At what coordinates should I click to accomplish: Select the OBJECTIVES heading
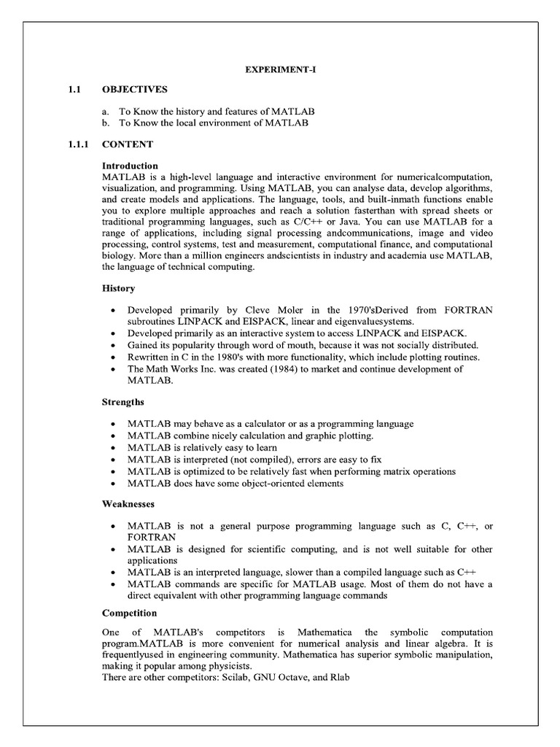(135, 89)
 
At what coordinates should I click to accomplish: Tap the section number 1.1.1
(74, 144)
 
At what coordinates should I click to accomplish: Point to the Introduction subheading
(130, 166)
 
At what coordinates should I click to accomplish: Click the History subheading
(118, 289)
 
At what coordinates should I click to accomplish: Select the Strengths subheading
(123, 402)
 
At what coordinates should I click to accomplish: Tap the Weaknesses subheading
(128, 503)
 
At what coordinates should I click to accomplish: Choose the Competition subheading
(130, 612)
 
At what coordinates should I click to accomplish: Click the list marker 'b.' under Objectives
(106, 123)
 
